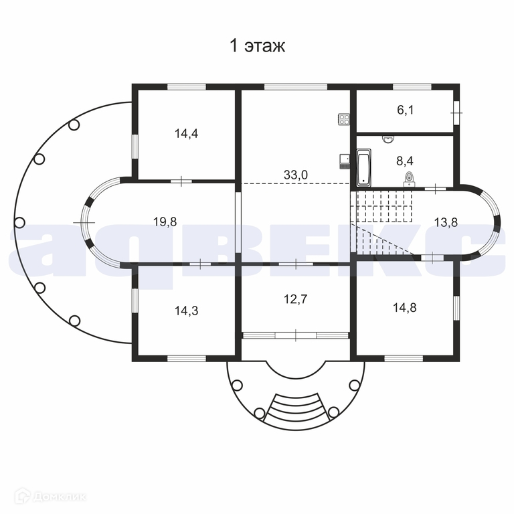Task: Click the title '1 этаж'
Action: point(257,46)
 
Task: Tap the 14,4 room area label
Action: point(186,134)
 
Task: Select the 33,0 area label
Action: point(296,175)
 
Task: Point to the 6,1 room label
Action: point(406,110)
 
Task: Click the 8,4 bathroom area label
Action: point(405,161)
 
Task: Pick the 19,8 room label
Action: point(165,222)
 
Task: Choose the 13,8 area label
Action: point(446,222)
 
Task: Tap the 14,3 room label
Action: point(186,311)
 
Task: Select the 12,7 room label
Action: point(296,299)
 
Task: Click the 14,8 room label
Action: point(405,308)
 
